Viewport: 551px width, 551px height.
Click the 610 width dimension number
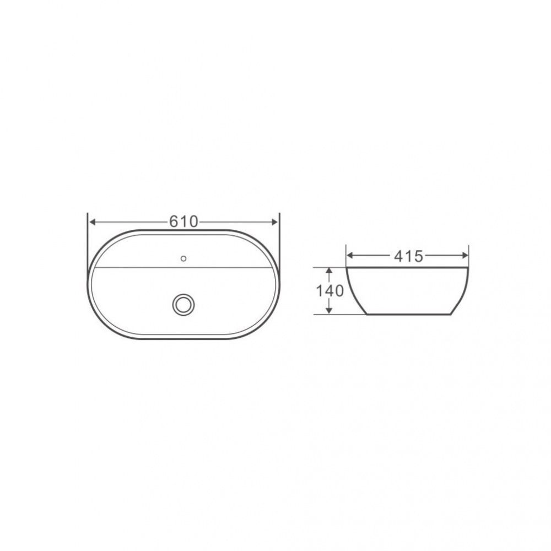pos(184,222)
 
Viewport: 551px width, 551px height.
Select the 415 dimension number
pos(408,257)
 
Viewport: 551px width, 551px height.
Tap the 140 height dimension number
pos(329,290)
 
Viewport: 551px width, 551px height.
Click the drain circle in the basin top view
pos(183,304)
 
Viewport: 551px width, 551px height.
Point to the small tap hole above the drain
pos(183,258)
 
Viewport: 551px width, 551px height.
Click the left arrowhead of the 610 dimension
pos(93,222)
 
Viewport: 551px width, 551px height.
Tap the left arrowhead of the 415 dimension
pos(350,256)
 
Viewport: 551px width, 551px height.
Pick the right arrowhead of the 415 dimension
pos(464,256)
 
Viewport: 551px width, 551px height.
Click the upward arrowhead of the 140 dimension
pos(329,271)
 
